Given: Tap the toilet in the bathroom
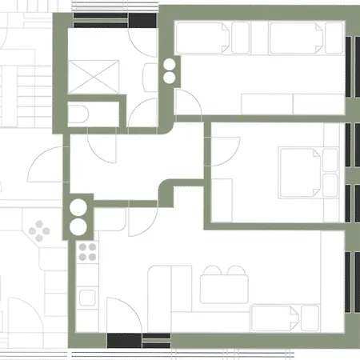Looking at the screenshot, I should pos(80,113).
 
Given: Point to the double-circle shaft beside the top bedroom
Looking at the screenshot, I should pos(170,71).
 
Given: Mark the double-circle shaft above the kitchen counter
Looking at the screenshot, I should pos(78,217).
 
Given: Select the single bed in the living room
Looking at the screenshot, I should pos(283,318).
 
